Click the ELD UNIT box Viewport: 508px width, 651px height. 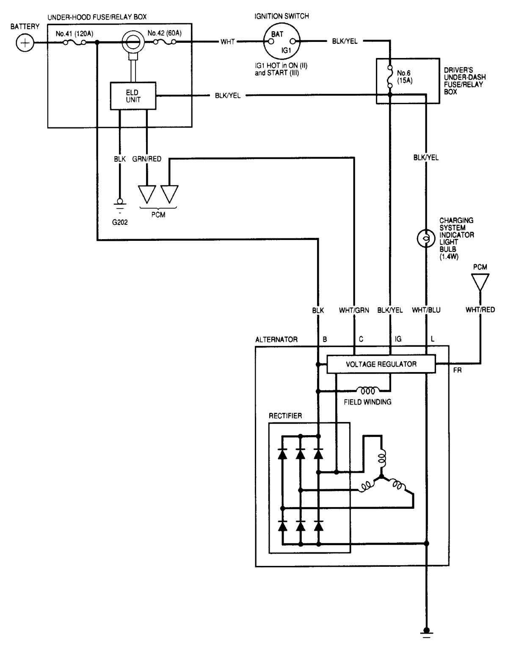point(133,96)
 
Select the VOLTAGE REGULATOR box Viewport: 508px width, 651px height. point(381,364)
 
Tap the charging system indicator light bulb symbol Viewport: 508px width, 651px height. point(426,239)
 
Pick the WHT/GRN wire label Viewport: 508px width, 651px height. point(354,310)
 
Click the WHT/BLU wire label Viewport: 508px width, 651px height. point(426,310)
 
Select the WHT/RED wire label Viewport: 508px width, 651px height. point(480,310)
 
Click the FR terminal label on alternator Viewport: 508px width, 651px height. point(457,371)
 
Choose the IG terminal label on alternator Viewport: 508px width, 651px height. point(398,339)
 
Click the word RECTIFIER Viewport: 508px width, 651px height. point(285,416)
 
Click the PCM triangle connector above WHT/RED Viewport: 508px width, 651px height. point(480,281)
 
